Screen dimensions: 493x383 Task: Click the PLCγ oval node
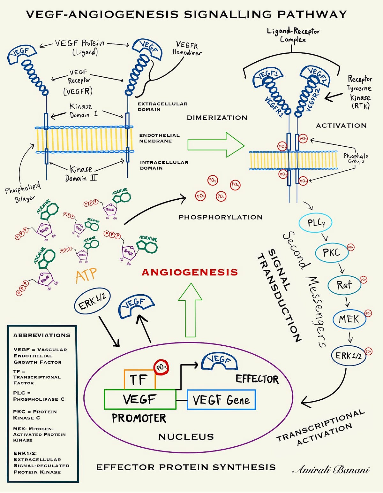tap(315, 223)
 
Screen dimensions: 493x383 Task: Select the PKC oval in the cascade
tap(331, 253)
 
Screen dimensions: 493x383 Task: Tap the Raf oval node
tap(344, 285)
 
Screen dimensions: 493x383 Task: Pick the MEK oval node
tap(349, 319)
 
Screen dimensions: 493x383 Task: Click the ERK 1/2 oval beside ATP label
tap(92, 301)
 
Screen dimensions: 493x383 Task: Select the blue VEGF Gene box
tap(221, 400)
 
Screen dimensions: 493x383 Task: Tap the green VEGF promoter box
tap(140, 399)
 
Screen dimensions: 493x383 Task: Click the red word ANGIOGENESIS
tap(190, 272)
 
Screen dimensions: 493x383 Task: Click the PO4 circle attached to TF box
tap(161, 367)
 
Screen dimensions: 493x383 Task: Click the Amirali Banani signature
tap(331, 469)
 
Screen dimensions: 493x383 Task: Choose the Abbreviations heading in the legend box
tap(41, 335)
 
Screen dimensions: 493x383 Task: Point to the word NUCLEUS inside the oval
tap(186, 437)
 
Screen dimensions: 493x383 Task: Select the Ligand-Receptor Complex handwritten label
tap(293, 35)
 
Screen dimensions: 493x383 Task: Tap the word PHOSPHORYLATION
tap(220, 217)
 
